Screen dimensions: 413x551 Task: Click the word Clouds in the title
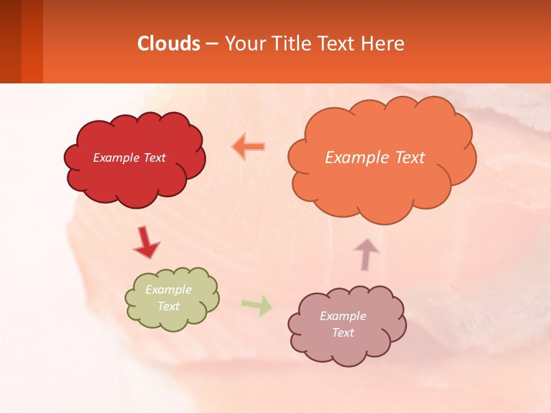(x=169, y=43)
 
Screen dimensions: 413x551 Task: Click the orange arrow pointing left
(x=249, y=147)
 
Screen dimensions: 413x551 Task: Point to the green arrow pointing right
(x=257, y=305)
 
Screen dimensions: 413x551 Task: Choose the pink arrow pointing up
(x=366, y=254)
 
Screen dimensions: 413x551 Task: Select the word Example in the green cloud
(x=169, y=290)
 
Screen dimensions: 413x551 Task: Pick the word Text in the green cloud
(x=169, y=306)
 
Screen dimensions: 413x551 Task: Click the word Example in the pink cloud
(x=343, y=316)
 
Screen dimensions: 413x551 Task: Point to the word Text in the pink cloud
(x=343, y=333)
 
